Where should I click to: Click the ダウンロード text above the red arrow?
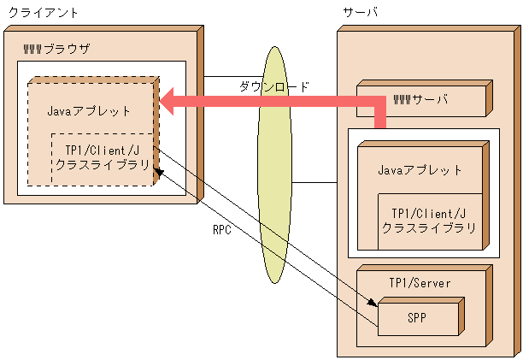click(273, 86)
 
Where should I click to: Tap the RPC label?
click(223, 229)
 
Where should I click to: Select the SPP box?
click(417, 318)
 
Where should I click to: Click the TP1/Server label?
click(420, 282)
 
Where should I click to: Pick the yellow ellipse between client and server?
click(273, 167)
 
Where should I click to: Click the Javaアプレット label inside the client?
click(90, 110)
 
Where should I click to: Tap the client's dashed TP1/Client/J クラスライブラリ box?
click(102, 158)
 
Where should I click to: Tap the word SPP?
click(417, 318)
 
